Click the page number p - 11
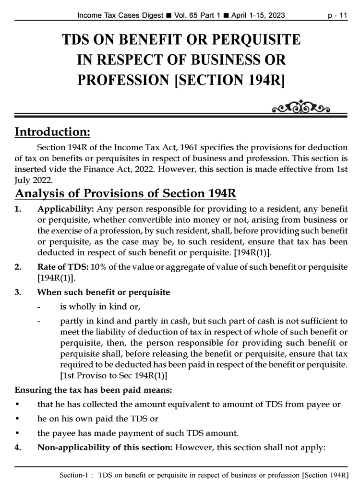pos(337,15)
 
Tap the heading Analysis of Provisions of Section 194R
pos(125,194)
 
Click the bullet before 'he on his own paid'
pos(17,419)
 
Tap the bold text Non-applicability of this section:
pos(105,447)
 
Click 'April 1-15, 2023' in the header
pos(258,15)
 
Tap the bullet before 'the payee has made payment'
pos(17,433)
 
